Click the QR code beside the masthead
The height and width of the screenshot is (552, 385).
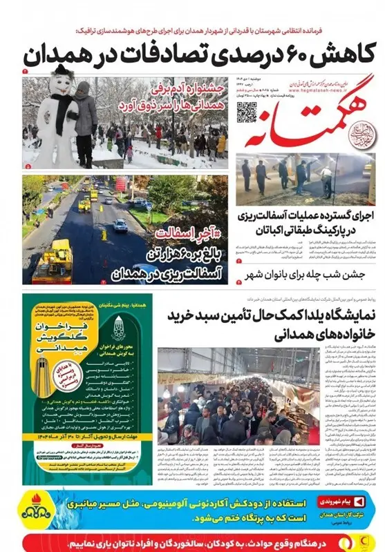(246, 110)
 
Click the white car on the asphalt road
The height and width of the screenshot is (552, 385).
(120, 225)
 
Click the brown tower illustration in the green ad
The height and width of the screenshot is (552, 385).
(42, 378)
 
